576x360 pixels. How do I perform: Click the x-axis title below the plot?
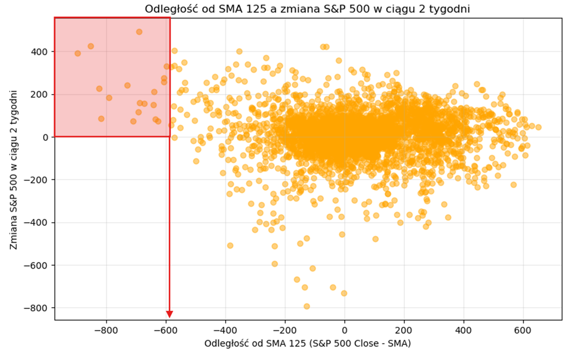point(308,343)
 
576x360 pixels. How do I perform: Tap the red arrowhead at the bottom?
point(169,314)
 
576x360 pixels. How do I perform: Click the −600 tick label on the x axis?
point(165,330)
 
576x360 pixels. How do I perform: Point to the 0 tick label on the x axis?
point(344,330)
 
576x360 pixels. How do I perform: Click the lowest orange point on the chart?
point(307,306)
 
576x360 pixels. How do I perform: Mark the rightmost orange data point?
point(538,127)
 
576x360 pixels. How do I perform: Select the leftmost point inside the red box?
point(78,53)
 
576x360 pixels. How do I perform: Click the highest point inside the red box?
point(139,32)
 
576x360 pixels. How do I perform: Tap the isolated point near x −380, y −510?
point(230,246)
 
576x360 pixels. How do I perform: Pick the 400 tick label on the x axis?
point(464,330)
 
